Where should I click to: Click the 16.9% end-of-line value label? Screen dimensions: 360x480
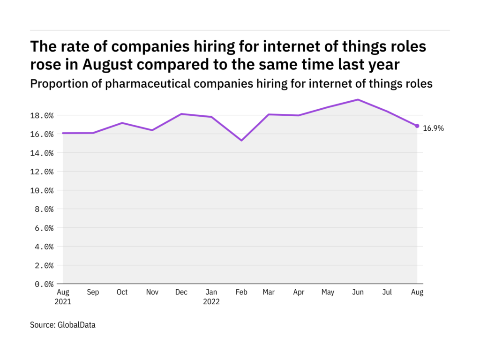(433, 128)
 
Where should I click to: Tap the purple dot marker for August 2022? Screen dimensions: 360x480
(417, 126)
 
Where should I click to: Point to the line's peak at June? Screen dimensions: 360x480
(358, 99)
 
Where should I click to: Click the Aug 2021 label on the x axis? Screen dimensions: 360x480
(63, 297)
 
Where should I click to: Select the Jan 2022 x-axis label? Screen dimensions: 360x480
(211, 297)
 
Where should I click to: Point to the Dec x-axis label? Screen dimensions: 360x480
(181, 292)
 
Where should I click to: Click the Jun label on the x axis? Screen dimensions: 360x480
(358, 292)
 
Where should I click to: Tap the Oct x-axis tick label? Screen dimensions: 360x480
(122, 292)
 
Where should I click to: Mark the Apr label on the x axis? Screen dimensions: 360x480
(299, 292)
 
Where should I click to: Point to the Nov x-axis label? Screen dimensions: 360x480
(152, 292)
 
